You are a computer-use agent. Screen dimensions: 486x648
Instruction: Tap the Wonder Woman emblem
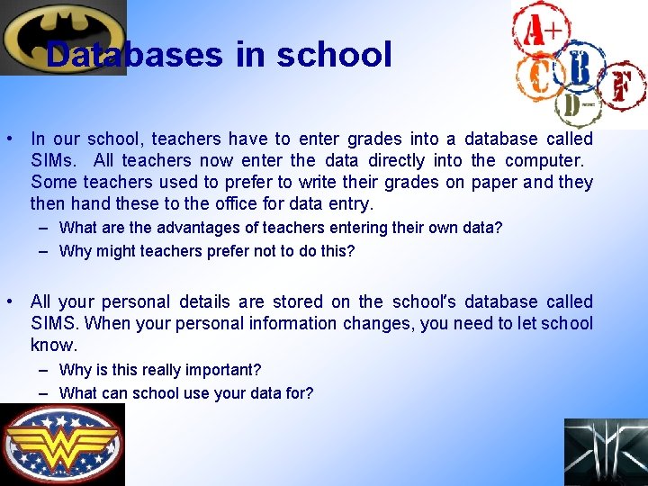pyautogui.click(x=62, y=444)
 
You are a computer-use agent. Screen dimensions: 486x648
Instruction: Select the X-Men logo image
pyautogui.click(x=605, y=452)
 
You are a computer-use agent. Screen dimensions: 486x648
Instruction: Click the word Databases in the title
pyautogui.click(x=134, y=55)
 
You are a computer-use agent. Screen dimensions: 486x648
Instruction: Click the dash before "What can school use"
pyautogui.click(x=44, y=392)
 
